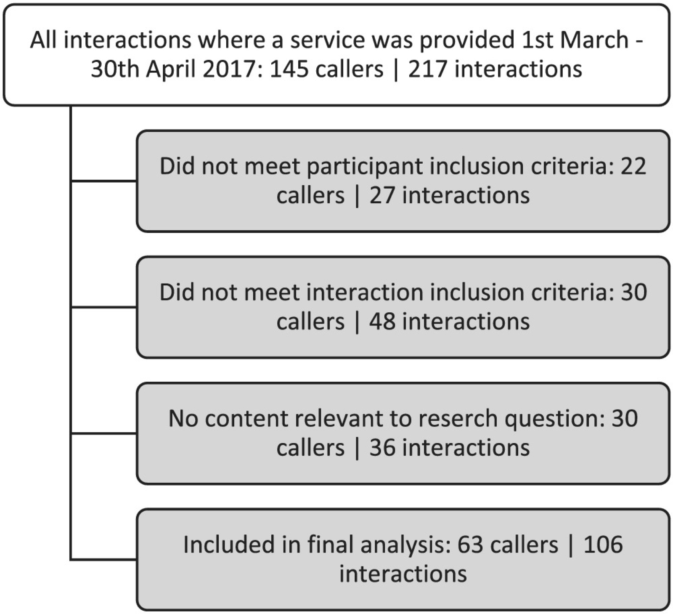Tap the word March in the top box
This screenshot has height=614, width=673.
point(594,40)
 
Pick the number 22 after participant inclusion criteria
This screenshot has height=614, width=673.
point(633,166)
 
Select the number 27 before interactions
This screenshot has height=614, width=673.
point(382,195)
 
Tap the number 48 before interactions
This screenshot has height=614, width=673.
point(382,322)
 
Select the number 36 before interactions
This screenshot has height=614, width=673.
point(382,447)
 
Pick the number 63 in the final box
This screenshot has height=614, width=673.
point(471,545)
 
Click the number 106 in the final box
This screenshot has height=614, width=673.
point(603,545)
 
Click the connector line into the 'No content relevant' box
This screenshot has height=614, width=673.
point(104,433)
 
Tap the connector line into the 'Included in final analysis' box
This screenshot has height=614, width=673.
point(104,559)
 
